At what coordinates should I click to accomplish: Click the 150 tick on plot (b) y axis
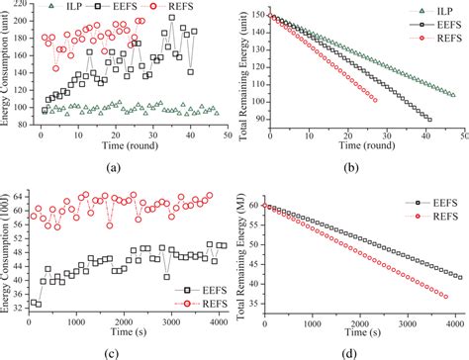(253, 16)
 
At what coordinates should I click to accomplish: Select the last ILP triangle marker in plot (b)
(453, 95)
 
